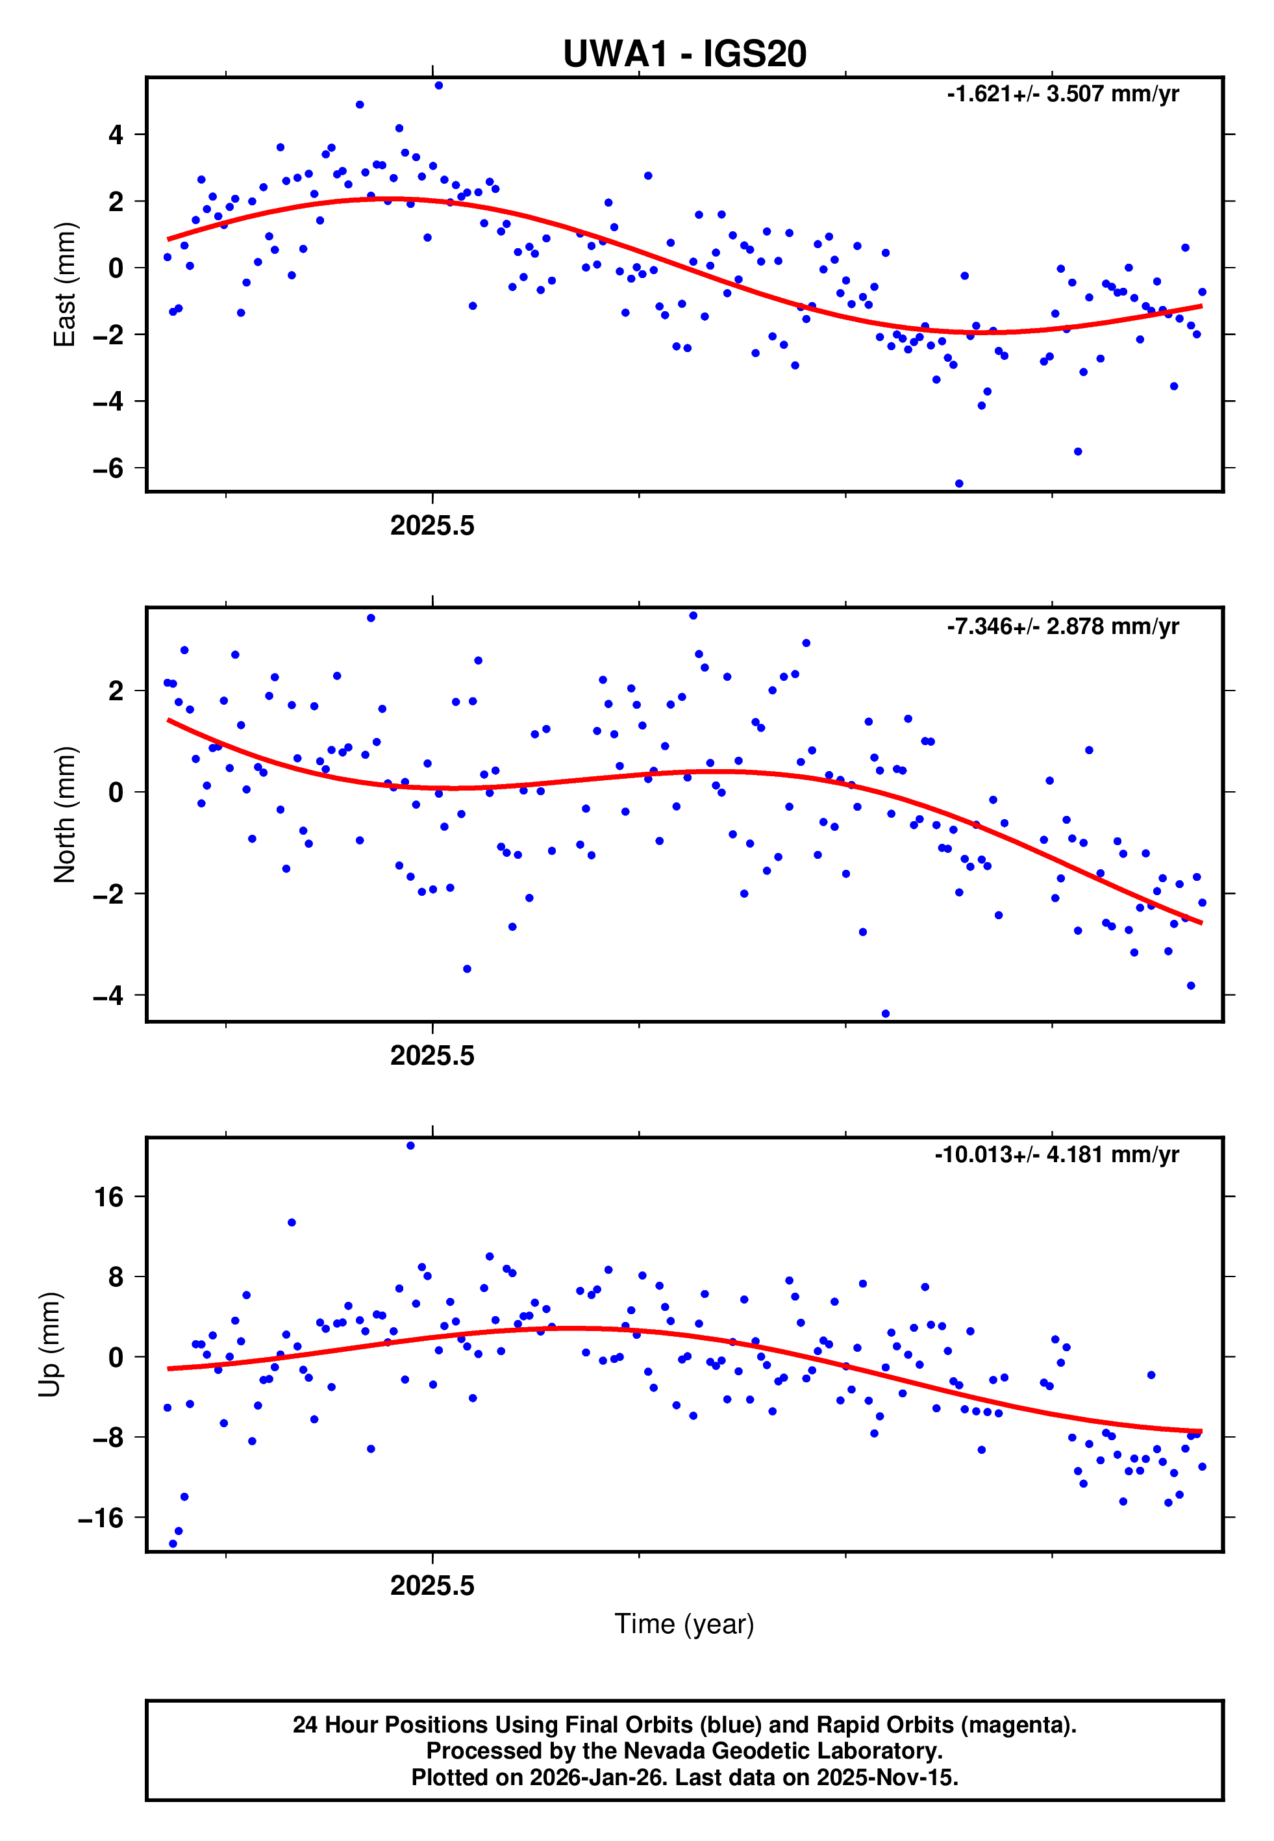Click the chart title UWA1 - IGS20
684,55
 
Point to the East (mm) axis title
65,285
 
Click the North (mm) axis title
65,815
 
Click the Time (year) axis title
684,1624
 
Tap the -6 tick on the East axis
108,468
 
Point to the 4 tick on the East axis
116,135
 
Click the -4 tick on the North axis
108,996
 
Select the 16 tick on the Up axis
109,1197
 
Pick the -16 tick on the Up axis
101,1517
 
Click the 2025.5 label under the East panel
432,526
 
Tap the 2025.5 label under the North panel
432,1056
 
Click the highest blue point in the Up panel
410,1146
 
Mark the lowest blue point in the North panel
885,1014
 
